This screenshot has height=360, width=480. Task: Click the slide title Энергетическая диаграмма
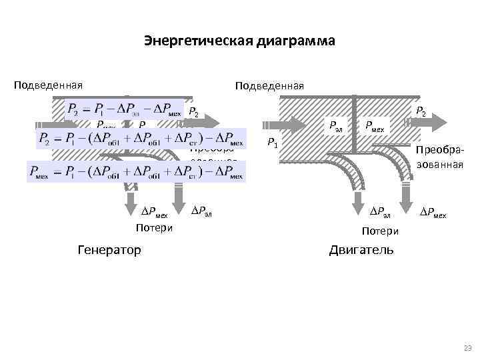point(239,41)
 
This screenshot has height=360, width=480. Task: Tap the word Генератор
point(109,250)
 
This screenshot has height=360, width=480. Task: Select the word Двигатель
point(361,250)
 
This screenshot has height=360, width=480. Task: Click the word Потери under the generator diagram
point(154,228)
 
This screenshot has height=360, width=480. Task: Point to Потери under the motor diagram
point(380,231)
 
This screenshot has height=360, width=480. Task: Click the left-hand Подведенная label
point(49,85)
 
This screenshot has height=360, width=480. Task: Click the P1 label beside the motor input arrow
point(272,141)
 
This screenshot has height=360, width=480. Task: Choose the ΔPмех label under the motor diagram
point(432,213)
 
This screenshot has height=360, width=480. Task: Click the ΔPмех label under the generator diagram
point(154,213)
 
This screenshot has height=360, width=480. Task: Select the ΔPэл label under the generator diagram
point(203,212)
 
